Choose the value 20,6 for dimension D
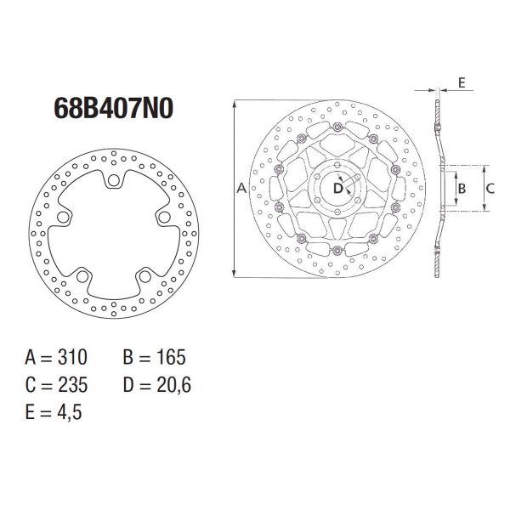(x=176, y=384)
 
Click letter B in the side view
(x=462, y=186)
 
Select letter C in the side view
(x=490, y=186)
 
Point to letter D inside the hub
(x=337, y=188)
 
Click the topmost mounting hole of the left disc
(x=112, y=180)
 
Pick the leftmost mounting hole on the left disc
(x=62, y=218)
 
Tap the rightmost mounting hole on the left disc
(x=162, y=218)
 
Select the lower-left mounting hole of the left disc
(x=81, y=275)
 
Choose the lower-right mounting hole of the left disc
(x=144, y=275)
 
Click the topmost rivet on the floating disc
(x=337, y=127)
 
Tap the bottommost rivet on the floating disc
(x=337, y=249)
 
